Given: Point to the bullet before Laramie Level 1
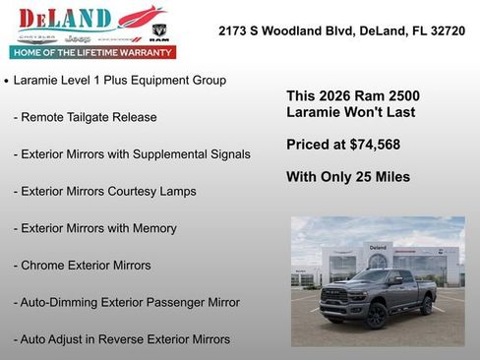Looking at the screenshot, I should click(7, 81).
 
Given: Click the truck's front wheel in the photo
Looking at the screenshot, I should click(376, 314).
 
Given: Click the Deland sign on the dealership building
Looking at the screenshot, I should click(378, 247).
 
